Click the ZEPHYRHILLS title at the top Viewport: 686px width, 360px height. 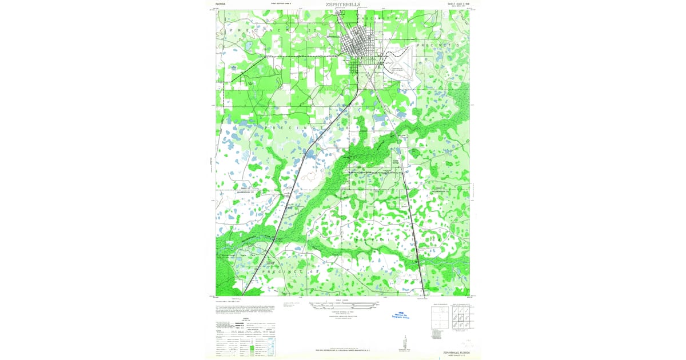tap(343, 4)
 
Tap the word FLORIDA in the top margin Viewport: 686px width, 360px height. tap(221, 4)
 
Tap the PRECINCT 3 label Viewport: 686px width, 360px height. tap(437, 45)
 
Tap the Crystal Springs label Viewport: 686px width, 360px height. tap(395, 163)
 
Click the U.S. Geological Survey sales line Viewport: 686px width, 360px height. tap(343, 350)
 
